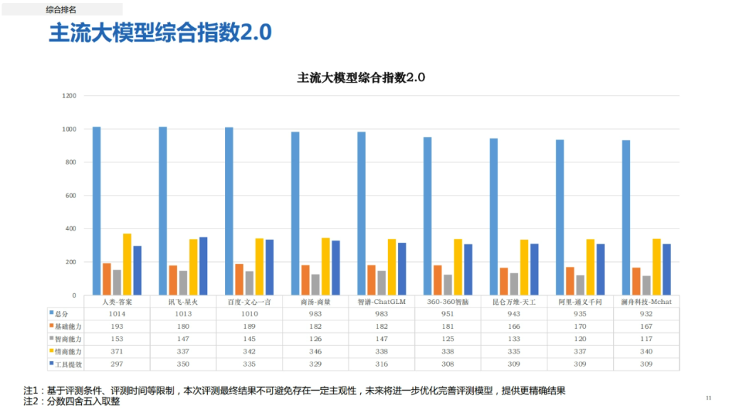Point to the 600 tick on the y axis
70,196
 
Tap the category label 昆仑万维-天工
514,302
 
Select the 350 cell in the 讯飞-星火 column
183,364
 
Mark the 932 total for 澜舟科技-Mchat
646,313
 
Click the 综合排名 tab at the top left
62,9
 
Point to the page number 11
708,397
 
